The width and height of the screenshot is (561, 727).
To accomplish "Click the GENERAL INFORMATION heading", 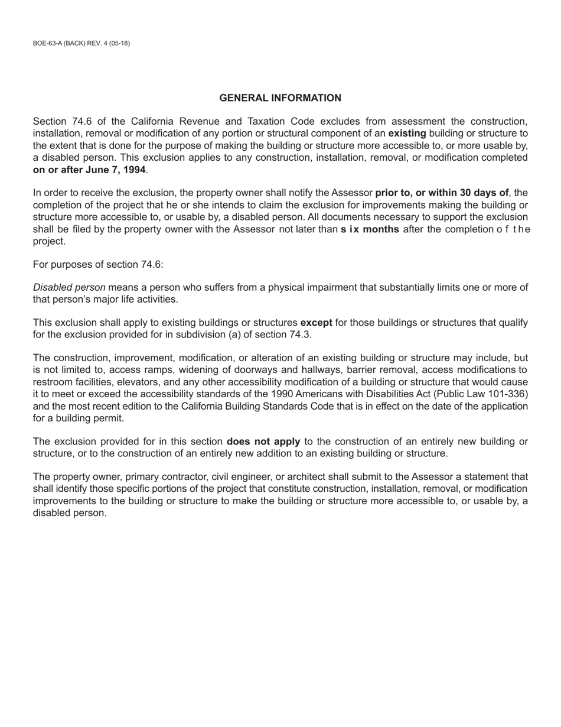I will (x=280, y=98).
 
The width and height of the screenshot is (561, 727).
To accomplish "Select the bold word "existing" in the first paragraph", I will (x=407, y=134).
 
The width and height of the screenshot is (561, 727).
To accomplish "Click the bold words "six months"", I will (x=370, y=229).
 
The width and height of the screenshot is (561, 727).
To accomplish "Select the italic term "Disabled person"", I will (x=69, y=287).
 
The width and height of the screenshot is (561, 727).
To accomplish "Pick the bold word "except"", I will (x=316, y=323).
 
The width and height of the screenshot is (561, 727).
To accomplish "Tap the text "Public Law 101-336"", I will (x=485, y=394).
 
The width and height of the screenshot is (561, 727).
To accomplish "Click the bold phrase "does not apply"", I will (x=263, y=442).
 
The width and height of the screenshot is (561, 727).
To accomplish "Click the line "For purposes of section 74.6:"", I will (x=98, y=264).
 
